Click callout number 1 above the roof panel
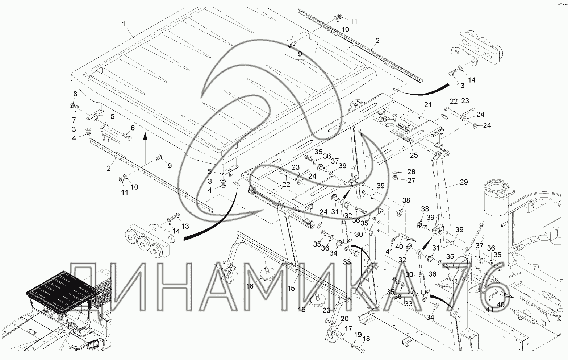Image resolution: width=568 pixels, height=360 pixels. (x=124, y=24)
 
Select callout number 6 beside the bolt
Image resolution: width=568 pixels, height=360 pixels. (x=133, y=128)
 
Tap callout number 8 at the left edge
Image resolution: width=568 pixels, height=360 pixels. (x=75, y=94)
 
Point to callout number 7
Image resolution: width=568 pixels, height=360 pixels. (x=74, y=120)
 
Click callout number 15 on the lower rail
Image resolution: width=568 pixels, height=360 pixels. (x=291, y=288)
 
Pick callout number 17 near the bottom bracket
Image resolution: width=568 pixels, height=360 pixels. (x=348, y=329)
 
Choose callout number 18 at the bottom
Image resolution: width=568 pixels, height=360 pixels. (x=366, y=339)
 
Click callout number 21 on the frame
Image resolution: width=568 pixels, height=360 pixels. (x=428, y=105)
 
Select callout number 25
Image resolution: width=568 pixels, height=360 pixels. (x=414, y=155)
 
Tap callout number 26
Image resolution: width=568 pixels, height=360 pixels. (x=383, y=119)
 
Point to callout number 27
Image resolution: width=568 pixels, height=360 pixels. (x=411, y=180)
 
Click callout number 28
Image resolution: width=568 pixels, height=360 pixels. (x=411, y=171)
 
